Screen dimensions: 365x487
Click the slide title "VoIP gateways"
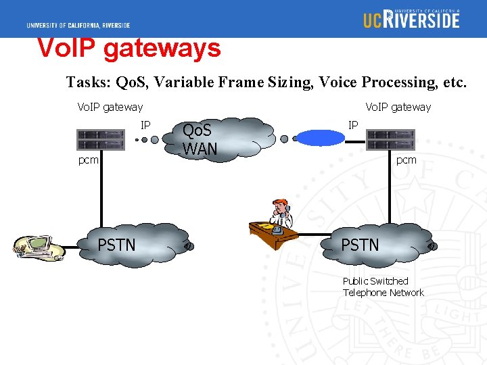[x=129, y=49]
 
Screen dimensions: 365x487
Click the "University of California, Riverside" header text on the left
[x=78, y=26]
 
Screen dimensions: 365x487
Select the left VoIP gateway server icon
[x=101, y=140]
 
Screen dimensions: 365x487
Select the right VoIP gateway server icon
[x=390, y=140]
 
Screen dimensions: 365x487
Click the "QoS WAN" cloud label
[x=200, y=140]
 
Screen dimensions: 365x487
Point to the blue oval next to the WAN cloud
[x=321, y=138]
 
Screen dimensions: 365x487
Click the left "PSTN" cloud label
[x=117, y=245]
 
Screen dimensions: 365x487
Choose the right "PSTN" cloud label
[x=360, y=245]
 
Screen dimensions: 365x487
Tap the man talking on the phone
[x=279, y=215]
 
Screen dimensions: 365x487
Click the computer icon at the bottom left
[x=38, y=248]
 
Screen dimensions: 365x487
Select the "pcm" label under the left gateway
[x=89, y=160]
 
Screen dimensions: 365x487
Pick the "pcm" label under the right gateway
[x=407, y=160]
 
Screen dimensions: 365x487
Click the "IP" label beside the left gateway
[x=145, y=124]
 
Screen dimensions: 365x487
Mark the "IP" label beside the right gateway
[x=353, y=124]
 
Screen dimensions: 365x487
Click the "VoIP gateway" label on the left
[x=110, y=107]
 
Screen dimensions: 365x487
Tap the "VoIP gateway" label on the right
[x=398, y=107]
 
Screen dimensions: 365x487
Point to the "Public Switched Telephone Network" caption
[x=383, y=287]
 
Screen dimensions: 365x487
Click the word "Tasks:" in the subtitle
[x=89, y=82]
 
